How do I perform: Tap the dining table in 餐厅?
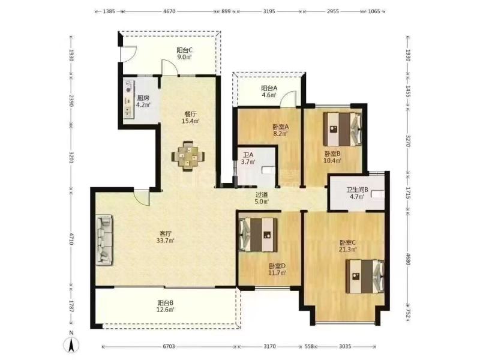(x=188, y=155)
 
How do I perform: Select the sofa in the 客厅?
(x=104, y=240)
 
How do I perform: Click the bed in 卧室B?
(x=343, y=129)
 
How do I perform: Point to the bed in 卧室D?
(x=258, y=235)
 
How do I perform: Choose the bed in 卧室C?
(x=365, y=277)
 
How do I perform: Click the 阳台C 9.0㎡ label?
(x=184, y=53)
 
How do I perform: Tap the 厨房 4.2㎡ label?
(x=143, y=101)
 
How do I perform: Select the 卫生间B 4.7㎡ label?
(x=357, y=193)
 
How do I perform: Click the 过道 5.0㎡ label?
(x=262, y=198)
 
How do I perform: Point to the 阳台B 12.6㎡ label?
(x=166, y=306)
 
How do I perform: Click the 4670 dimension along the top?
(x=169, y=11)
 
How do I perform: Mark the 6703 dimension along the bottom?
(x=169, y=347)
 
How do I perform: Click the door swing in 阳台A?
(x=289, y=98)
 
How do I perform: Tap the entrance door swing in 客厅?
(x=142, y=197)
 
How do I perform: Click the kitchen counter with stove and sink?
(x=128, y=100)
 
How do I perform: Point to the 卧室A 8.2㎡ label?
(x=281, y=130)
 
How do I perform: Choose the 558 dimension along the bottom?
(x=310, y=347)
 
